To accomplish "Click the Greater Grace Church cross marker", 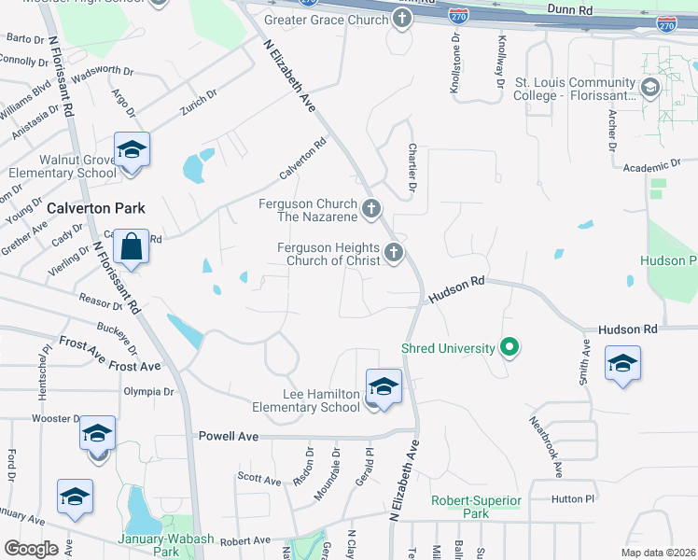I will (x=402, y=18).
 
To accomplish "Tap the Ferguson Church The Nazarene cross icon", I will (x=371, y=209).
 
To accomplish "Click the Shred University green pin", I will (x=509, y=349).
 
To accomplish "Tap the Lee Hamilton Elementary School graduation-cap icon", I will (x=383, y=385).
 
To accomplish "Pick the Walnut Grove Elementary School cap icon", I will (x=132, y=150).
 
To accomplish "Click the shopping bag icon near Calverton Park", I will (x=132, y=247).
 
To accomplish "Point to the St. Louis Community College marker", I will (x=650, y=89).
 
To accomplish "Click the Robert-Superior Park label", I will (x=476, y=507).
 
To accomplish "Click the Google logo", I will (x=31, y=549).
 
